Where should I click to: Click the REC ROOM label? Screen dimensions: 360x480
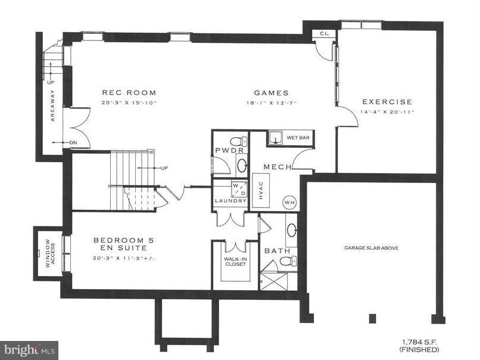[x=129, y=92]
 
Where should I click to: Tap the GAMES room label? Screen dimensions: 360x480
[x=271, y=92]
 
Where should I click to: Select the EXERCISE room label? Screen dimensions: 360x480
[x=387, y=102]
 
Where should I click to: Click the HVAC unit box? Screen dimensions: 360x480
[x=261, y=190]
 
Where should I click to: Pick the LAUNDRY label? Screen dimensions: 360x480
[x=230, y=201]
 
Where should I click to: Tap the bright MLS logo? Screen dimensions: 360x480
[x=30, y=347]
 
